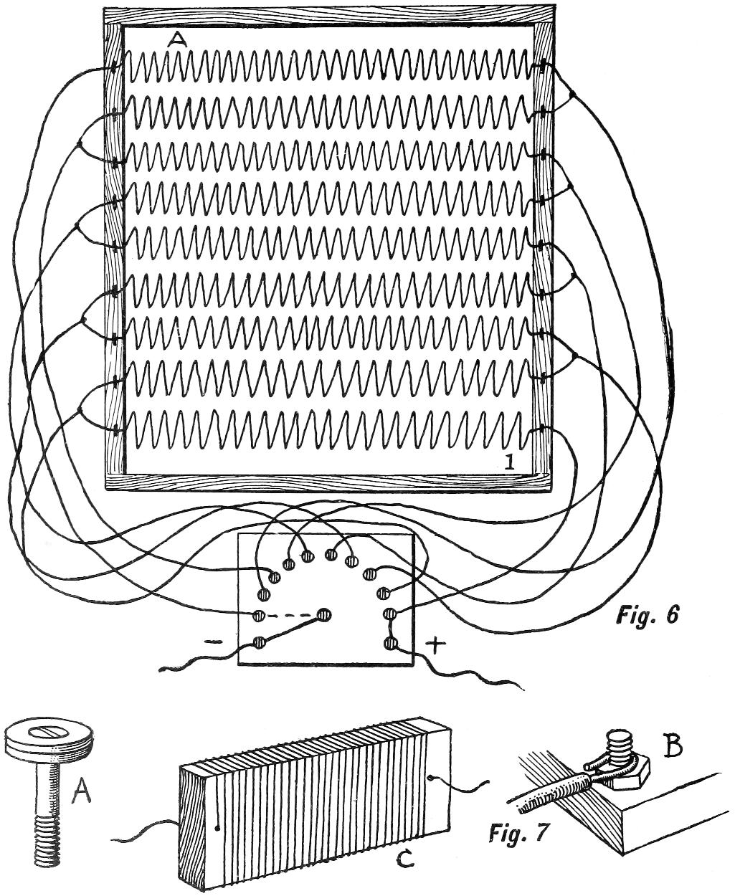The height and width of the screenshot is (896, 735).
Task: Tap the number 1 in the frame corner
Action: (x=510, y=462)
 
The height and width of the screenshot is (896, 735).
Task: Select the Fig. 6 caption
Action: (x=648, y=615)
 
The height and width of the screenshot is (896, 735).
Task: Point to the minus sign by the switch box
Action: (x=214, y=643)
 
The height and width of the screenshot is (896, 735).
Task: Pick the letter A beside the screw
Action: (x=82, y=793)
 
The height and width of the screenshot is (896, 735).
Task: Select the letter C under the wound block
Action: (x=405, y=859)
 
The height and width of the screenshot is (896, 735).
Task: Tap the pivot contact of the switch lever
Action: (x=323, y=614)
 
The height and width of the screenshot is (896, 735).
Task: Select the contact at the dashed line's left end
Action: (x=260, y=616)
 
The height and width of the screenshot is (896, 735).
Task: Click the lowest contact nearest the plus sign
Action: (x=391, y=643)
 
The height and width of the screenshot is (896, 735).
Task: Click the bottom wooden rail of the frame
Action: (x=330, y=482)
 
